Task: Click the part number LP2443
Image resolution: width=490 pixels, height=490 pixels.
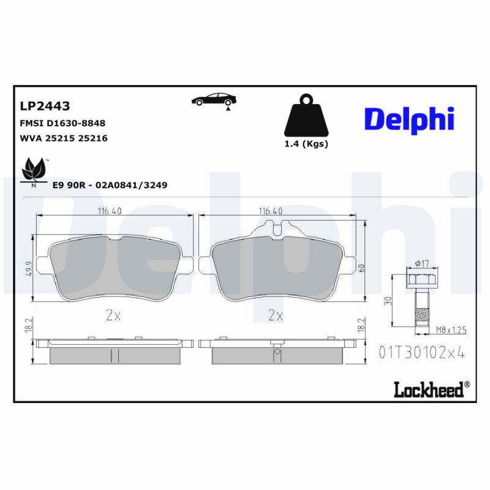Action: coord(45,106)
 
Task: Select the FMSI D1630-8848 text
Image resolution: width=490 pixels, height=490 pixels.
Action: coord(62,123)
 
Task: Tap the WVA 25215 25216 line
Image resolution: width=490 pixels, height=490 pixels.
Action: coord(64,138)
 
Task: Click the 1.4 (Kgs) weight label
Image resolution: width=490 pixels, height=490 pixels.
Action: coord(306,145)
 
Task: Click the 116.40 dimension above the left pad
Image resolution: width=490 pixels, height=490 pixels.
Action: coord(110,211)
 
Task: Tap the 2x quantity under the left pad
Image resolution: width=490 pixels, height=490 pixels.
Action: coord(113,315)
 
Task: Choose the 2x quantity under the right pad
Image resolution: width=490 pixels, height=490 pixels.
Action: coord(275,315)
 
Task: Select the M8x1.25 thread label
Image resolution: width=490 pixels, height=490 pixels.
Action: coord(451,330)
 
